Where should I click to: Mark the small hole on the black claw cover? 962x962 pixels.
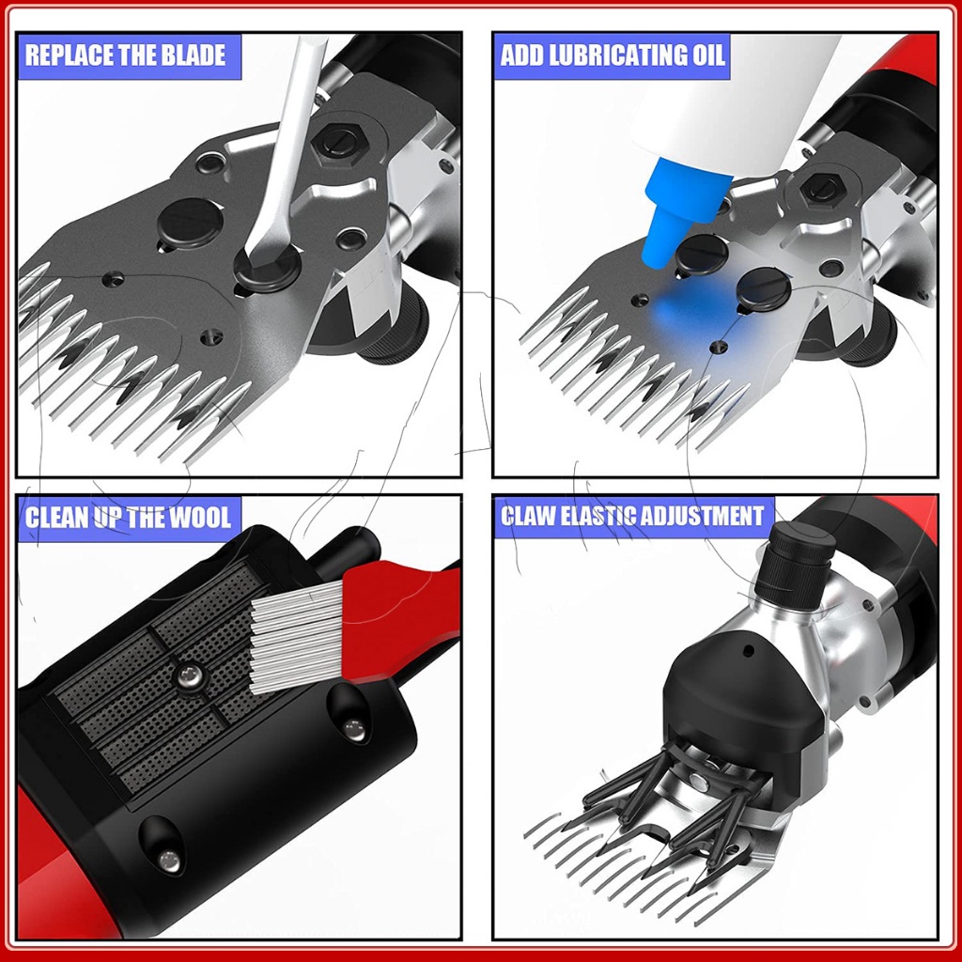pyautogui.click(x=749, y=650)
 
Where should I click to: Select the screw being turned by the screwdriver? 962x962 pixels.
pyautogui.click(x=268, y=268)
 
